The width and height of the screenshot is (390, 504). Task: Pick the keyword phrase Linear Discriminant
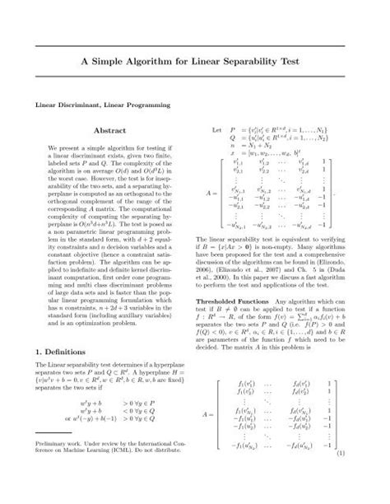60,106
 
